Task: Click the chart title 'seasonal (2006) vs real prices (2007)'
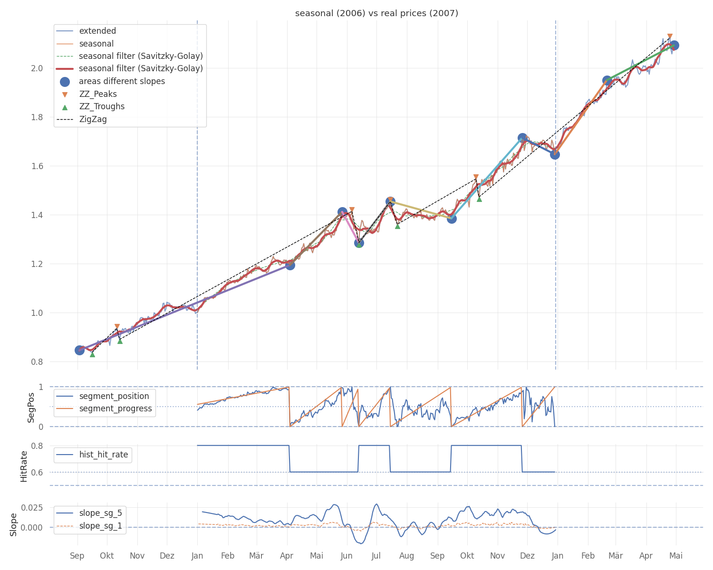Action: point(376,13)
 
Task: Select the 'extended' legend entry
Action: point(97,31)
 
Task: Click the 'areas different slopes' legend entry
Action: point(122,81)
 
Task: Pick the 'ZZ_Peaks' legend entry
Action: point(97,94)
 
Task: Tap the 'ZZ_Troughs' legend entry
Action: point(101,106)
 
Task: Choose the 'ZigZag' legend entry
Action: point(93,119)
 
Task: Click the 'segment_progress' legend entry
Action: point(116,408)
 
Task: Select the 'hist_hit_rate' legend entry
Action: point(104,455)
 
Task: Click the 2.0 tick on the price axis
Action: point(37,68)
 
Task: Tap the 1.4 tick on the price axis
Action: point(37,215)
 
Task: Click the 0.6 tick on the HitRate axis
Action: point(37,472)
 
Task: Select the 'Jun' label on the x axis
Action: point(347,556)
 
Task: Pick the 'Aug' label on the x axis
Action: point(406,556)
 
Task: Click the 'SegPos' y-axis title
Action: point(31,407)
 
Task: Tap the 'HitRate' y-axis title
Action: point(24,465)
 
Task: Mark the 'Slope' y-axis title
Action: point(13,524)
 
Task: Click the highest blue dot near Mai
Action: point(674,46)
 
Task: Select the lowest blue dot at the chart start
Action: point(79,350)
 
